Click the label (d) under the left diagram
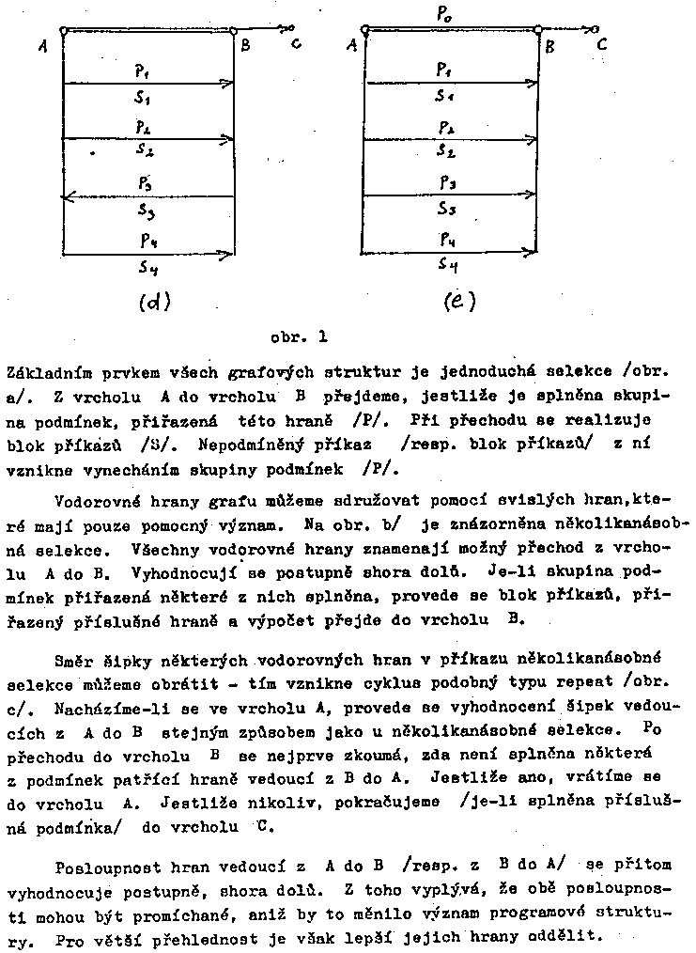point(153,302)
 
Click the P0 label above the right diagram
point(442,14)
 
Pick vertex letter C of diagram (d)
point(296,43)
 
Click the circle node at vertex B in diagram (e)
point(537,30)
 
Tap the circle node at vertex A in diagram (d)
point(63,30)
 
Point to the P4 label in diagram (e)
point(448,240)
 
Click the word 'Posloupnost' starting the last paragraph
point(103,864)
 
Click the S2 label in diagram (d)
point(145,150)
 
